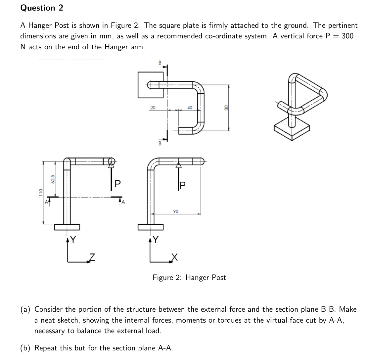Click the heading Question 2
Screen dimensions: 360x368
[42, 8]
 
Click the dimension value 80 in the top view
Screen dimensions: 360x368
[226, 108]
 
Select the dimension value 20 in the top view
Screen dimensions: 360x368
[152, 107]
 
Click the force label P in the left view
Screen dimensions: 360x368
[117, 183]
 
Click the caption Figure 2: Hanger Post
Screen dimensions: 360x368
[189, 277]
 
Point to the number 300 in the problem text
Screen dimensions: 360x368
[347, 36]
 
